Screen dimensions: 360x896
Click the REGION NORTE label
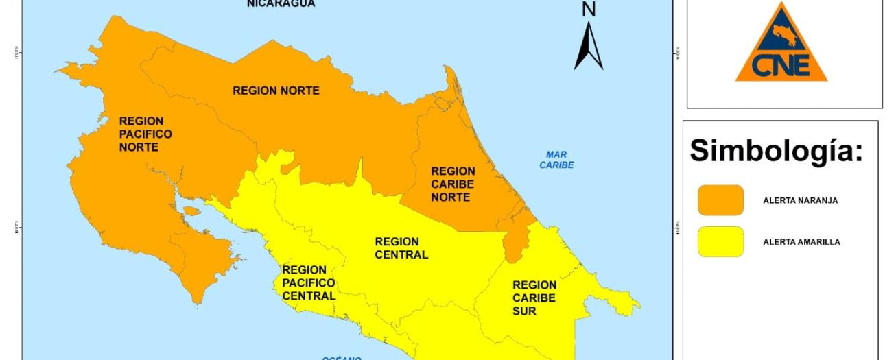276,91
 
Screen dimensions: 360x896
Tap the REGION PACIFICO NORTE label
145,134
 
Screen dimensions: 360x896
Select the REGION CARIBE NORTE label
453,184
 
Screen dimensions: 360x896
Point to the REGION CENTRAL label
401,248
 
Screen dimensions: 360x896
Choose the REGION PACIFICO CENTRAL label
309,283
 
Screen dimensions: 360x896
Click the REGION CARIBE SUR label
534,298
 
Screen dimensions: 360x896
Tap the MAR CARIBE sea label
556,160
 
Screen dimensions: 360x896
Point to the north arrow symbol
589,46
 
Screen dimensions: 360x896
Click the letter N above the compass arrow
589,9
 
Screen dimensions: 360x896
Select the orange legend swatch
720,200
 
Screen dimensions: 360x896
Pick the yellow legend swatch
720,241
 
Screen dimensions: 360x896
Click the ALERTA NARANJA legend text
800,201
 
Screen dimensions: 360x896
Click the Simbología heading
775,151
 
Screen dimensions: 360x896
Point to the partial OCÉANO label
341,357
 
